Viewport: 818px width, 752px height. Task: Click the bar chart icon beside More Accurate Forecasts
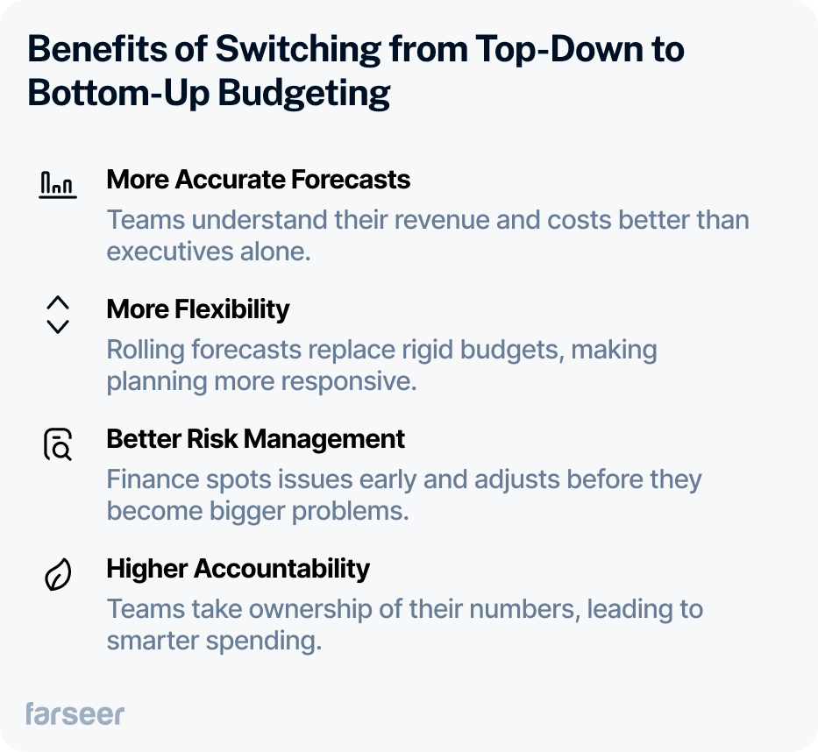(x=58, y=185)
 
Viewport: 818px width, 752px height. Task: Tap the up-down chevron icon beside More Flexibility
(x=58, y=315)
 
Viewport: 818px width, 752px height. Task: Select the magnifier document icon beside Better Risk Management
(x=58, y=444)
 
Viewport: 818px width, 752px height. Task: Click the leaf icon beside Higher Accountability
(x=58, y=574)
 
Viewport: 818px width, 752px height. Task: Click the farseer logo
(x=75, y=714)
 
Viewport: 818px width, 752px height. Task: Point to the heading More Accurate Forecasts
(x=259, y=180)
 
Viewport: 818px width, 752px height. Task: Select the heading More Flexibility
(x=198, y=309)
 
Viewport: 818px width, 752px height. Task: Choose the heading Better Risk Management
(x=256, y=438)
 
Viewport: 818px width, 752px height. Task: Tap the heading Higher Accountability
(x=238, y=569)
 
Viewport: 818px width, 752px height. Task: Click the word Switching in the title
(x=298, y=50)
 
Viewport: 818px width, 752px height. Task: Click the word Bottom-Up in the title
(x=118, y=94)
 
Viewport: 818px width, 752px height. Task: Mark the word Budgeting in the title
(x=303, y=94)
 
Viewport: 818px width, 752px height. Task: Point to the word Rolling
(x=146, y=350)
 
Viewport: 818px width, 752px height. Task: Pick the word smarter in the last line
(x=153, y=641)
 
